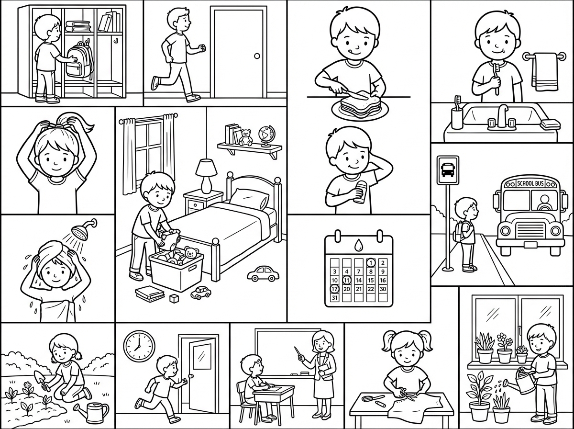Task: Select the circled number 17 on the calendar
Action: [335, 289]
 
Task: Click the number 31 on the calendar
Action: [335, 298]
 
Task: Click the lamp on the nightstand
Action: [206, 176]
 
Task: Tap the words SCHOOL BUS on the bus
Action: [530, 184]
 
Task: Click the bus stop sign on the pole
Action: [448, 170]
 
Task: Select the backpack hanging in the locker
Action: [78, 60]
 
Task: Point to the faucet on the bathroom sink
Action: [502, 116]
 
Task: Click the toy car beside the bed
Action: [263, 274]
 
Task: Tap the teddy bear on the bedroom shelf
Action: [245, 137]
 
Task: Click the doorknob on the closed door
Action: [257, 56]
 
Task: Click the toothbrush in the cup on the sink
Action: [457, 103]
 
